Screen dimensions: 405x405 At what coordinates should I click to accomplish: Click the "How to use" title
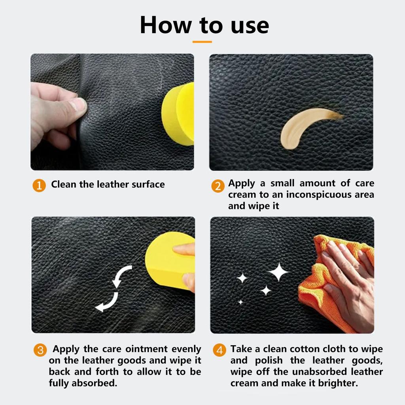[204, 25]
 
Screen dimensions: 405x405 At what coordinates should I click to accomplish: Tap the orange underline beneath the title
[202, 42]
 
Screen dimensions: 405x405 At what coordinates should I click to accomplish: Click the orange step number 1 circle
[39, 185]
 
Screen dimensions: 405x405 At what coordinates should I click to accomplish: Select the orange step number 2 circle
[218, 186]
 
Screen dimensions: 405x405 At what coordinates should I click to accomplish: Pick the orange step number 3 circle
[40, 350]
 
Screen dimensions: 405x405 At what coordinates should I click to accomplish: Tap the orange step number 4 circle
[220, 350]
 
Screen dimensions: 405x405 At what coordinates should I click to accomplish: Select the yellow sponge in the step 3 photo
[169, 261]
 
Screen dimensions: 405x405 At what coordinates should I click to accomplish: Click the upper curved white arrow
[120, 275]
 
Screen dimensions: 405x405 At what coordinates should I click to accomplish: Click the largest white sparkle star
[278, 272]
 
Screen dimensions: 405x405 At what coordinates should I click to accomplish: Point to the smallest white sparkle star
[240, 302]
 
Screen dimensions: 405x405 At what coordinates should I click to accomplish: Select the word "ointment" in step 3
[146, 349]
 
